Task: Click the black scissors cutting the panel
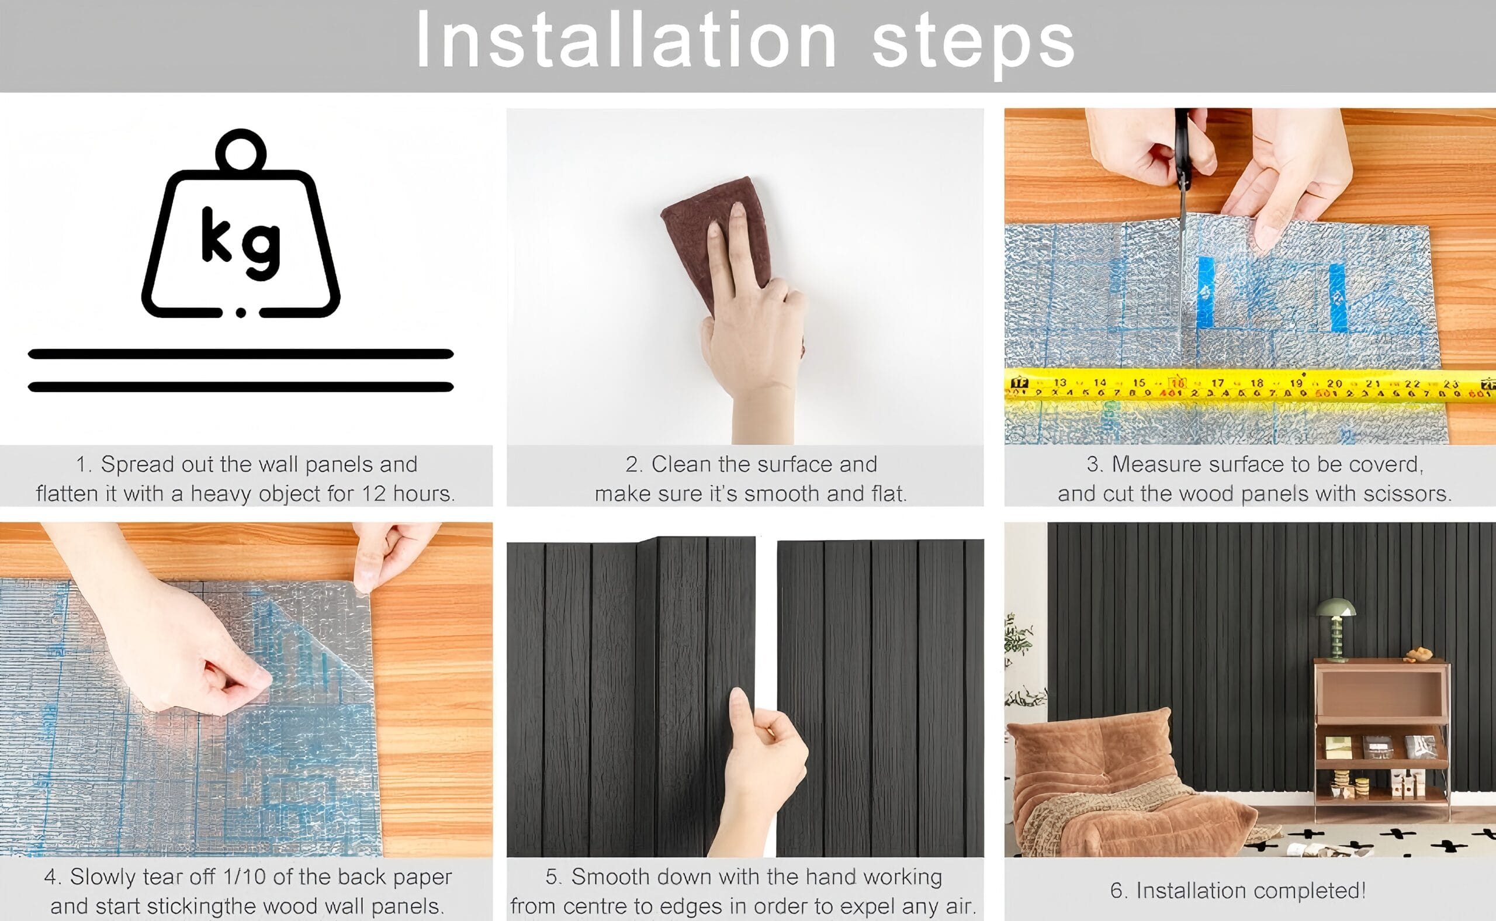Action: pyautogui.click(x=1183, y=176)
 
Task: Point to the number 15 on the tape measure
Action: pyautogui.click(x=1138, y=383)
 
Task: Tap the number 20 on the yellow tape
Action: pyautogui.click(x=1335, y=383)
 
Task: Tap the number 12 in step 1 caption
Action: pyautogui.click(x=374, y=493)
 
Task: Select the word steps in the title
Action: pyautogui.click(x=974, y=43)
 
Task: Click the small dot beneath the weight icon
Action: pyautogui.click(x=241, y=313)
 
